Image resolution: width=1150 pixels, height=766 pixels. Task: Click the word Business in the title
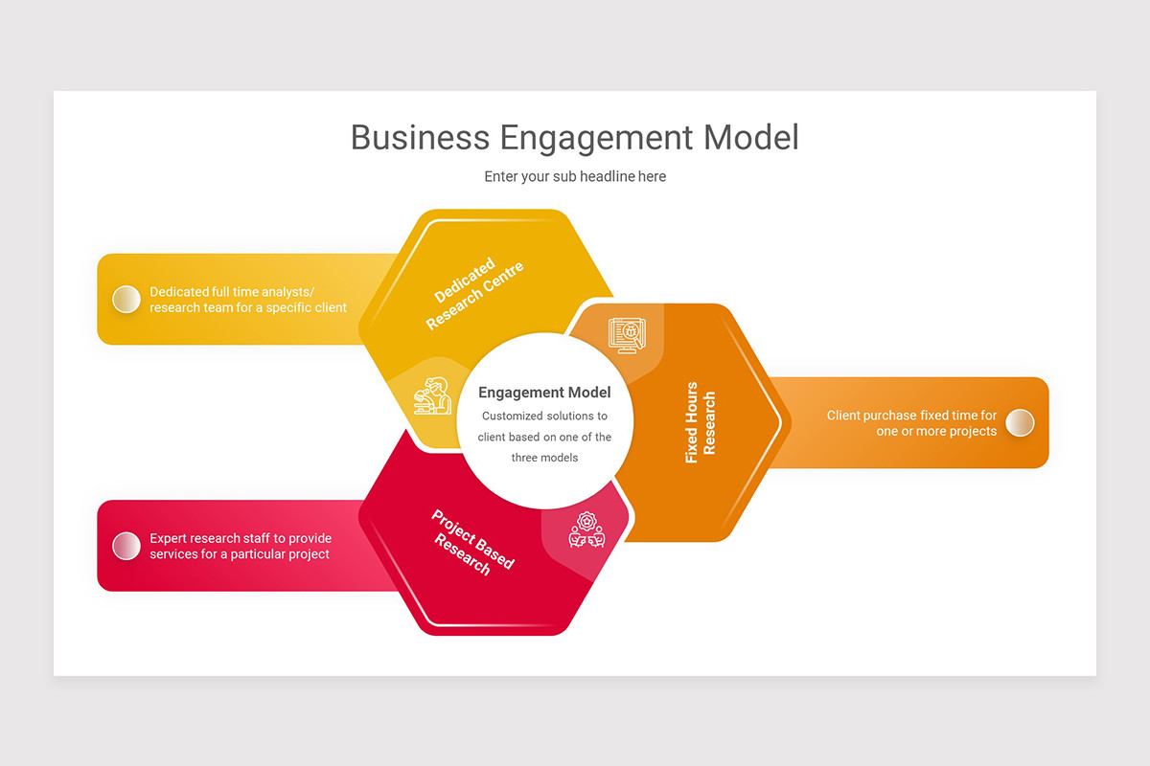pos(421,138)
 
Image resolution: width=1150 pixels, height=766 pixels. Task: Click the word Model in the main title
pos(751,138)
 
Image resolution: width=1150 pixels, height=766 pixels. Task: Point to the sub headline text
pos(575,176)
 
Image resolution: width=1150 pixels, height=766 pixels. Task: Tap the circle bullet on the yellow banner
pos(126,299)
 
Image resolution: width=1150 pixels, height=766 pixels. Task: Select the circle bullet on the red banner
pos(126,546)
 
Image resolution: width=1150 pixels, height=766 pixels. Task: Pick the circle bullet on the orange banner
pos(1020,423)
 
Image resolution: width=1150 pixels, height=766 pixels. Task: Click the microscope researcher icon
pos(433,395)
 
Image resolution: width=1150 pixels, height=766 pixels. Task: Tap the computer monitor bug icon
pos(627,335)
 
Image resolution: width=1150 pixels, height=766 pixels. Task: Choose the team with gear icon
pos(586,530)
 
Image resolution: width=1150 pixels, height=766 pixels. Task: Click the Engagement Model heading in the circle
pos(544,393)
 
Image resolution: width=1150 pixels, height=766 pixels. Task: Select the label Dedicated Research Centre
pos(474,293)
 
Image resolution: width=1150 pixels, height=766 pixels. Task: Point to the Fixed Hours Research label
pos(701,423)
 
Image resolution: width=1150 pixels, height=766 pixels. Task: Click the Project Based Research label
pos(472,542)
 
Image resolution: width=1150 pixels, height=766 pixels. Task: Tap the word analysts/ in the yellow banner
pos(288,292)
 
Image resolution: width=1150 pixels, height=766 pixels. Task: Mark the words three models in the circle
pos(544,458)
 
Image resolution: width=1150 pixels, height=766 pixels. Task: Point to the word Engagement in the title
pos(596,139)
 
